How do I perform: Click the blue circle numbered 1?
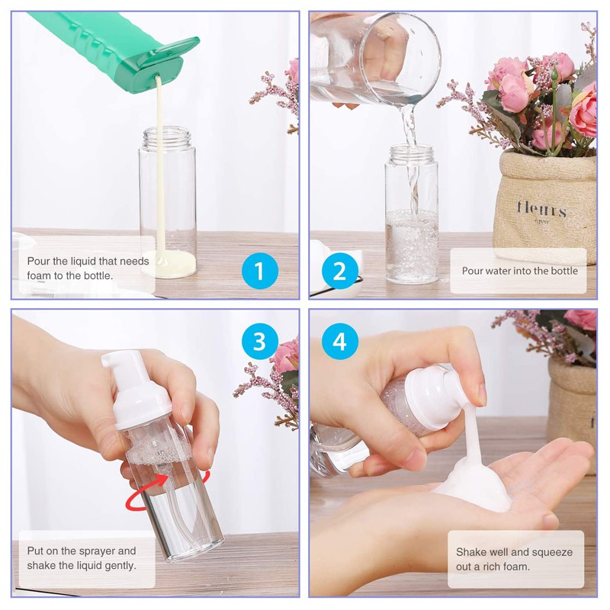259,271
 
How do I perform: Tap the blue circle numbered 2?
339,271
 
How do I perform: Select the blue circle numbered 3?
259,341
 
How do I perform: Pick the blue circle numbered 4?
339,341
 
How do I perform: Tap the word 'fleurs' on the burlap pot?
541,209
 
